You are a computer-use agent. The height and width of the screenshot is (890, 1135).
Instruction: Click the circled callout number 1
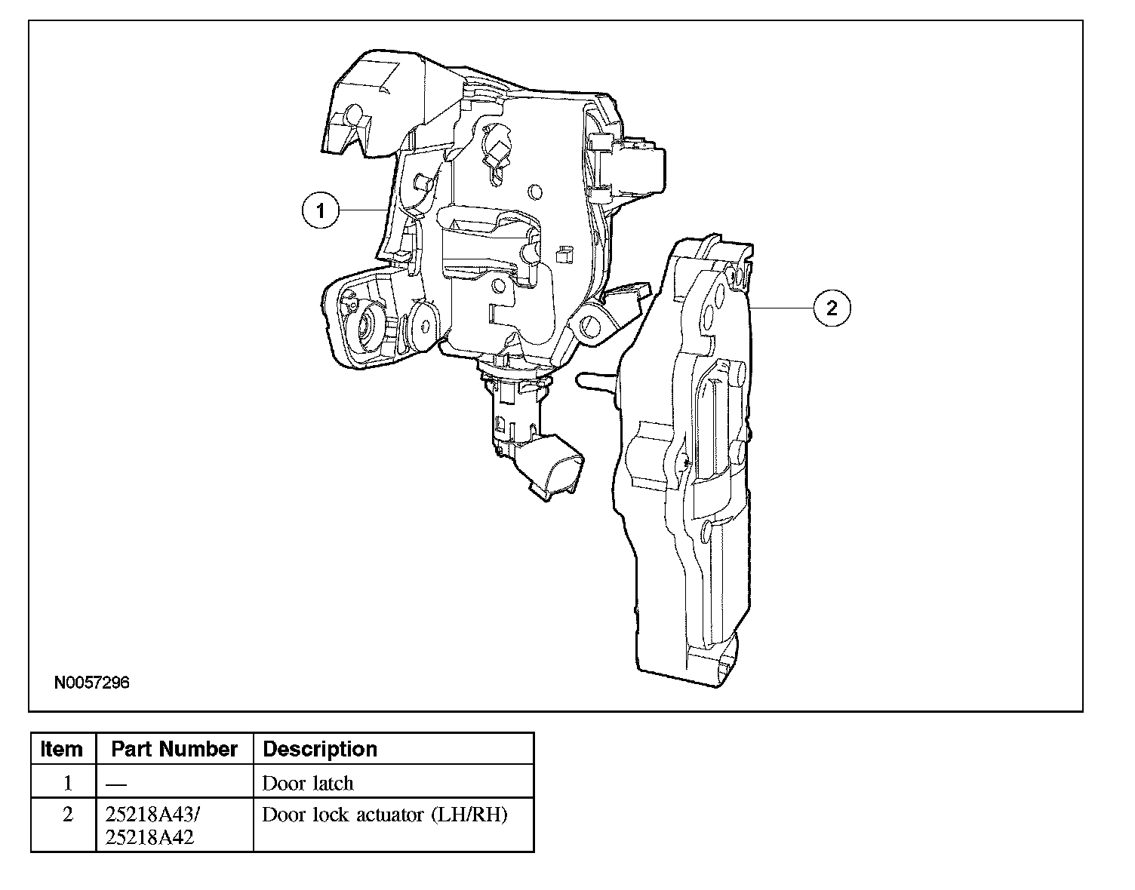click(321, 210)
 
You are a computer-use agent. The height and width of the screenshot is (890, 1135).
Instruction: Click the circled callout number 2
click(832, 308)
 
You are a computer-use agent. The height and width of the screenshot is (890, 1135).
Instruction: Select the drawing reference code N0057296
click(92, 683)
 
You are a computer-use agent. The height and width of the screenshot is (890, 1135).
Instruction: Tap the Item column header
click(62, 749)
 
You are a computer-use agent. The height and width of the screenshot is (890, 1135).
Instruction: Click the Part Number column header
click(174, 749)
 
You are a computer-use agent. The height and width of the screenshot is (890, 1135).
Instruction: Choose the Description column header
click(320, 749)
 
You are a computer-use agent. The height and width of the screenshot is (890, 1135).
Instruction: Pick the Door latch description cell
click(308, 783)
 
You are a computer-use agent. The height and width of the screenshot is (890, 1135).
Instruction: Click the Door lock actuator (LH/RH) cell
click(385, 815)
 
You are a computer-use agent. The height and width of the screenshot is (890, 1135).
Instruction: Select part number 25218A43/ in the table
click(153, 815)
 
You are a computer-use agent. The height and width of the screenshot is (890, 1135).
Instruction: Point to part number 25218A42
click(150, 836)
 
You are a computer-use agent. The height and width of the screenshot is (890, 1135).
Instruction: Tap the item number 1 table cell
click(67, 783)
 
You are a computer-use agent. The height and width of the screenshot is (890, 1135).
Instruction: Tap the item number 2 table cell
click(67, 815)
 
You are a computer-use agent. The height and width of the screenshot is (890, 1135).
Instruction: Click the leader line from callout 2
click(782, 308)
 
